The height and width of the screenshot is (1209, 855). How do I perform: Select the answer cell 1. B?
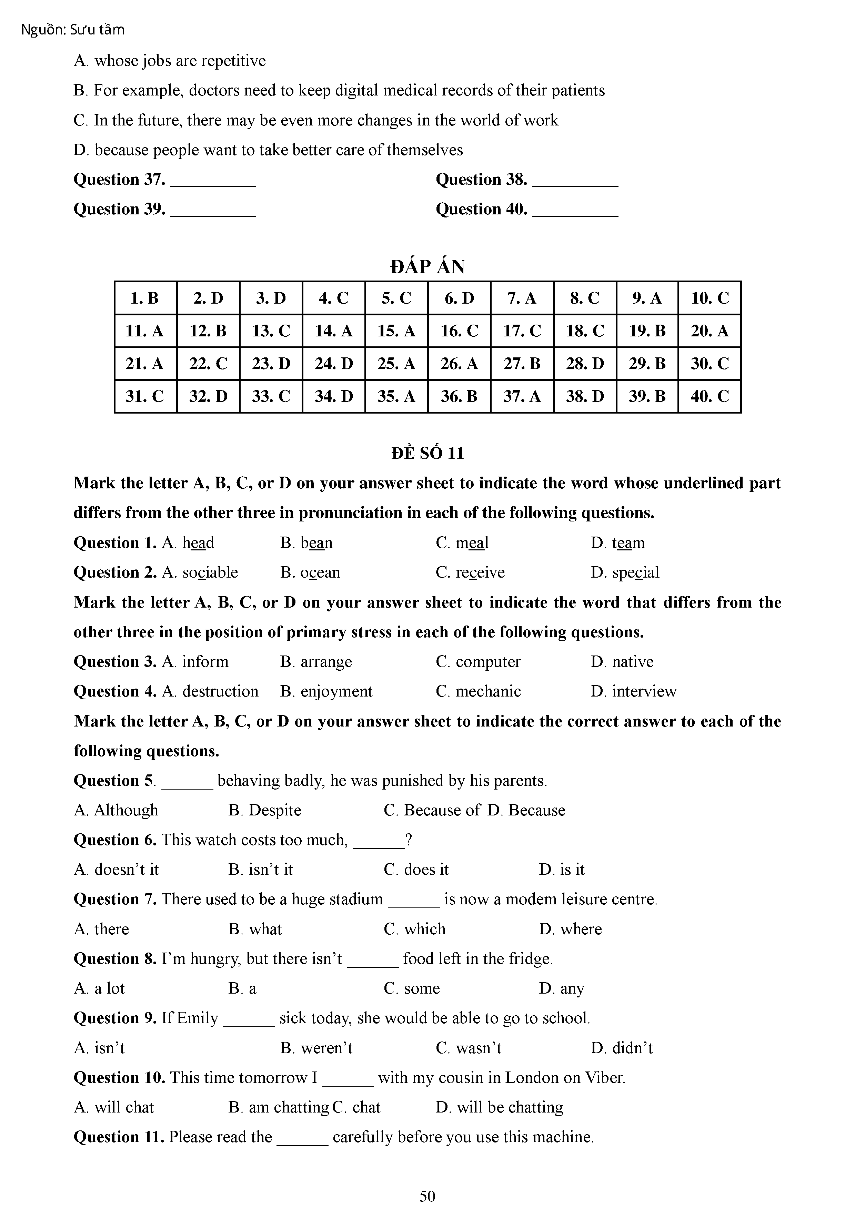click(x=145, y=298)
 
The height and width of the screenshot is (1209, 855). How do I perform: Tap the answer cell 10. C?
click(x=710, y=298)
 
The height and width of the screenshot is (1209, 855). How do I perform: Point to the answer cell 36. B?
click(x=459, y=396)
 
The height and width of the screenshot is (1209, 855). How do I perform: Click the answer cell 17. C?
click(x=522, y=331)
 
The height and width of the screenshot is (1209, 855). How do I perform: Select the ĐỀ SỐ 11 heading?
click(x=427, y=454)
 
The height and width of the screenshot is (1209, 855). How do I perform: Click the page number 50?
click(x=427, y=1196)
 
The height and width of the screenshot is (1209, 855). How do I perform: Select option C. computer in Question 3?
click(x=478, y=662)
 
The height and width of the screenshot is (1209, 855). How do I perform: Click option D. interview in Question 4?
click(x=633, y=691)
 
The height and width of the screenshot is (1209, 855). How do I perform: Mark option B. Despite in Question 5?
click(x=265, y=810)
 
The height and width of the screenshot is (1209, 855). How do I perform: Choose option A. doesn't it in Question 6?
click(x=117, y=870)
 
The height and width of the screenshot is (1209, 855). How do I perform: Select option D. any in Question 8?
click(x=562, y=988)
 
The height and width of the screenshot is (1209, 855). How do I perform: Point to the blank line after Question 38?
click(x=575, y=182)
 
